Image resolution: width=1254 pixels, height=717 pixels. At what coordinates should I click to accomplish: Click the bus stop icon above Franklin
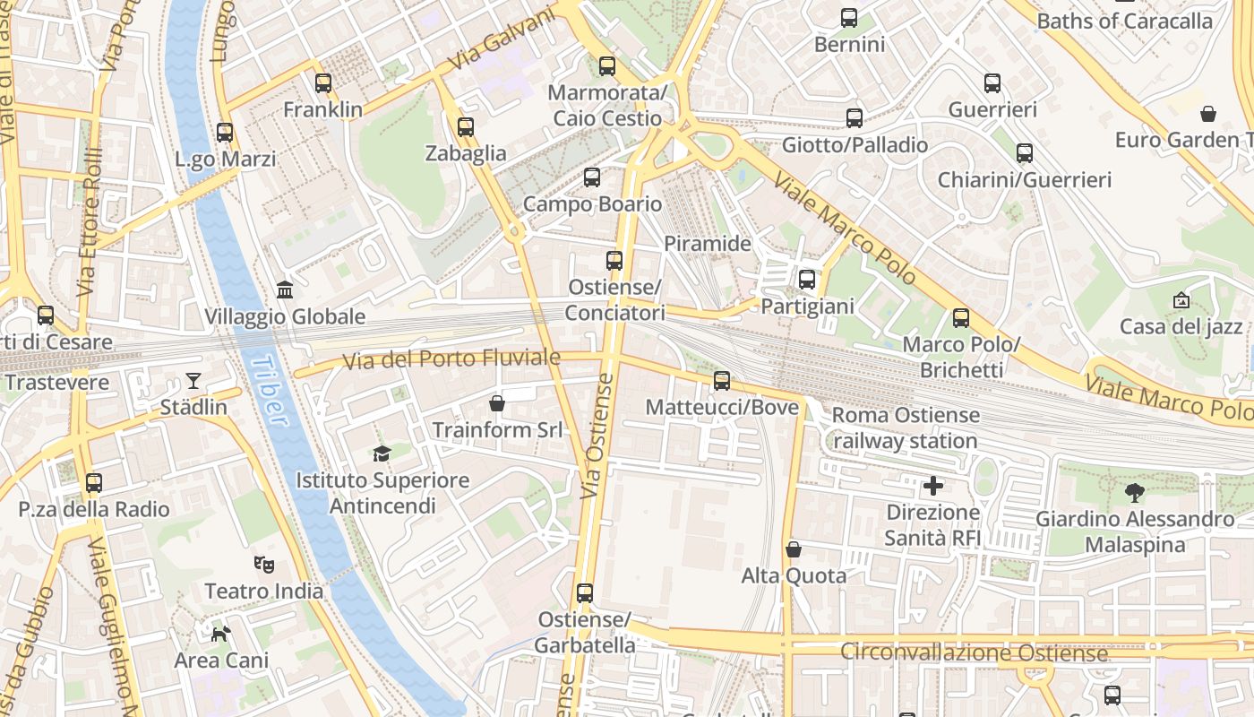click(323, 83)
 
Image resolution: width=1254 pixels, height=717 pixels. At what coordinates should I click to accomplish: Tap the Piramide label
click(708, 243)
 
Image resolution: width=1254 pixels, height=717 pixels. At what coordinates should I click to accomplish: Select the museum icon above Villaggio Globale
click(285, 289)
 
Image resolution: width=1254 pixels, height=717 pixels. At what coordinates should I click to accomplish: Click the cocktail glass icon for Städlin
click(193, 381)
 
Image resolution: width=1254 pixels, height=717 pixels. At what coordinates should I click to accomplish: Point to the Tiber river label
click(270, 391)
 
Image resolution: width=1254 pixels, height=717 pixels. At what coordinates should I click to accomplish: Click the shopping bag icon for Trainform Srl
click(497, 404)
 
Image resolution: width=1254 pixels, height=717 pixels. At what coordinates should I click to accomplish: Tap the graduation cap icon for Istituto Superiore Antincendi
click(382, 454)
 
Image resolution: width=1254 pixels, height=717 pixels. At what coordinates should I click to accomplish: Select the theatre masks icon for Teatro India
click(263, 565)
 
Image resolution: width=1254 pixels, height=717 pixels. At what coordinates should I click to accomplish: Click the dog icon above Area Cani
click(220, 635)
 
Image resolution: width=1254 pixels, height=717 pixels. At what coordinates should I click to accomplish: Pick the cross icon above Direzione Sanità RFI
click(933, 487)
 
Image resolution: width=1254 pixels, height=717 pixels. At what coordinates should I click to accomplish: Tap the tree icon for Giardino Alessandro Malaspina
click(1135, 492)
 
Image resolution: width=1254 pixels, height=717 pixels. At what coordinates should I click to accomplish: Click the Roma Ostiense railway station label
click(906, 428)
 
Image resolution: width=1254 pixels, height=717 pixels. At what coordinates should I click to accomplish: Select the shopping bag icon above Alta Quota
click(793, 549)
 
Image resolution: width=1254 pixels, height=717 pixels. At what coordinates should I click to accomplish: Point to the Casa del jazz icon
click(1181, 300)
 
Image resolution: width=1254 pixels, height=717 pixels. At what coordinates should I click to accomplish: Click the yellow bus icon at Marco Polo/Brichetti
click(961, 318)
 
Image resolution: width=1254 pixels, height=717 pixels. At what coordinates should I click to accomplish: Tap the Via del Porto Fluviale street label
click(452, 359)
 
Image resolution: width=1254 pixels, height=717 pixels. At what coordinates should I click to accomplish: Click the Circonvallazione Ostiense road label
click(974, 652)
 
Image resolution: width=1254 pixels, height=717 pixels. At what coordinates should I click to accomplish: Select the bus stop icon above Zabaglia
click(465, 127)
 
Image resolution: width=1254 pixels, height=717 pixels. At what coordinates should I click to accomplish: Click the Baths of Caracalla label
click(1124, 21)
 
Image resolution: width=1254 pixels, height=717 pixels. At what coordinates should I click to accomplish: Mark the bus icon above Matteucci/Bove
click(722, 381)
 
